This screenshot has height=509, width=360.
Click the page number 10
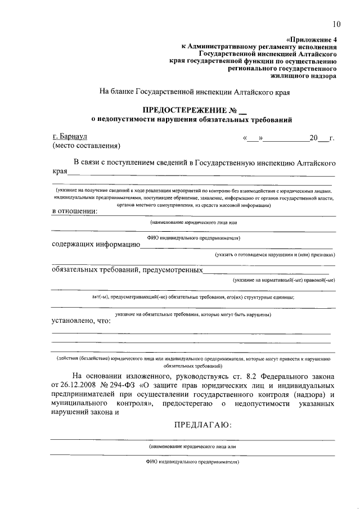(336, 24)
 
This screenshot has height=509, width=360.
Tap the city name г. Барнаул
(70, 136)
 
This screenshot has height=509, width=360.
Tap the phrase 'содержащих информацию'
(96, 244)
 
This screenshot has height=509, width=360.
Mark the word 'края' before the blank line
(60, 171)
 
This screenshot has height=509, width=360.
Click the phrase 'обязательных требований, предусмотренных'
(127, 270)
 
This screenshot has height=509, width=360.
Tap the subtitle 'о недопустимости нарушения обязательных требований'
(192, 119)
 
